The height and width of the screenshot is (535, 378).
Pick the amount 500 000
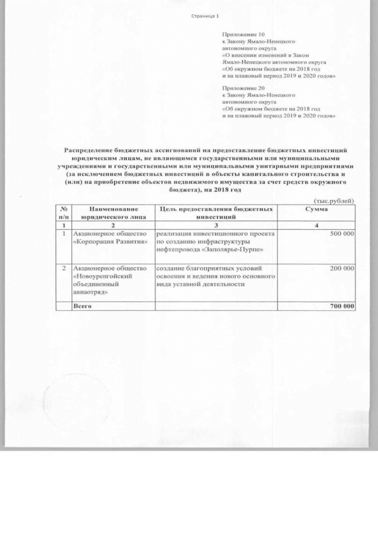tap(340, 235)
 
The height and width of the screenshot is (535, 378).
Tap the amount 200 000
tap(340, 268)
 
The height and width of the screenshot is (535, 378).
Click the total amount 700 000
tap(340, 306)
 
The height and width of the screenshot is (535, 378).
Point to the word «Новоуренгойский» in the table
tap(98, 276)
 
